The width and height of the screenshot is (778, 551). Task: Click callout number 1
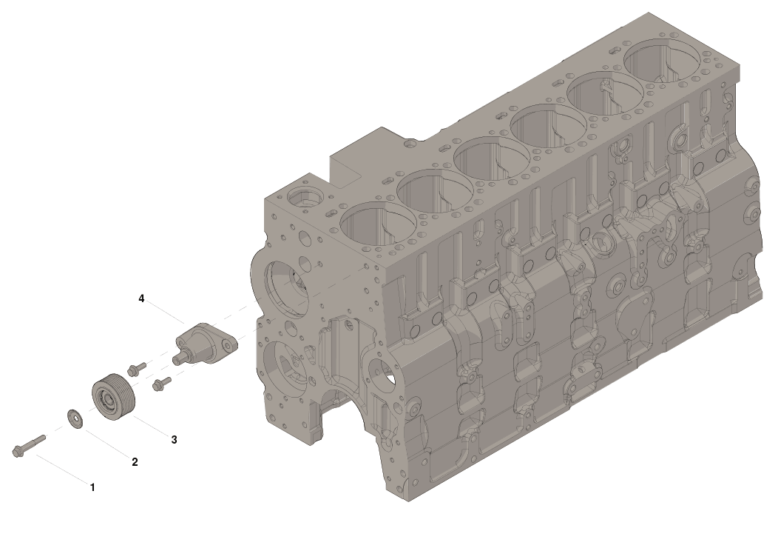pos(92,488)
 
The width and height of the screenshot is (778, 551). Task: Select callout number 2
pos(135,462)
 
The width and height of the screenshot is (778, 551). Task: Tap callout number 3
pos(174,440)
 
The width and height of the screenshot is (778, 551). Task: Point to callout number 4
pos(141,298)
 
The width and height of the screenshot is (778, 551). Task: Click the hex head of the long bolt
pos(17,452)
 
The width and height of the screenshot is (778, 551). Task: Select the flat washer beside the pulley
pos(75,418)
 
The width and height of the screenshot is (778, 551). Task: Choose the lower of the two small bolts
pos(161,383)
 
